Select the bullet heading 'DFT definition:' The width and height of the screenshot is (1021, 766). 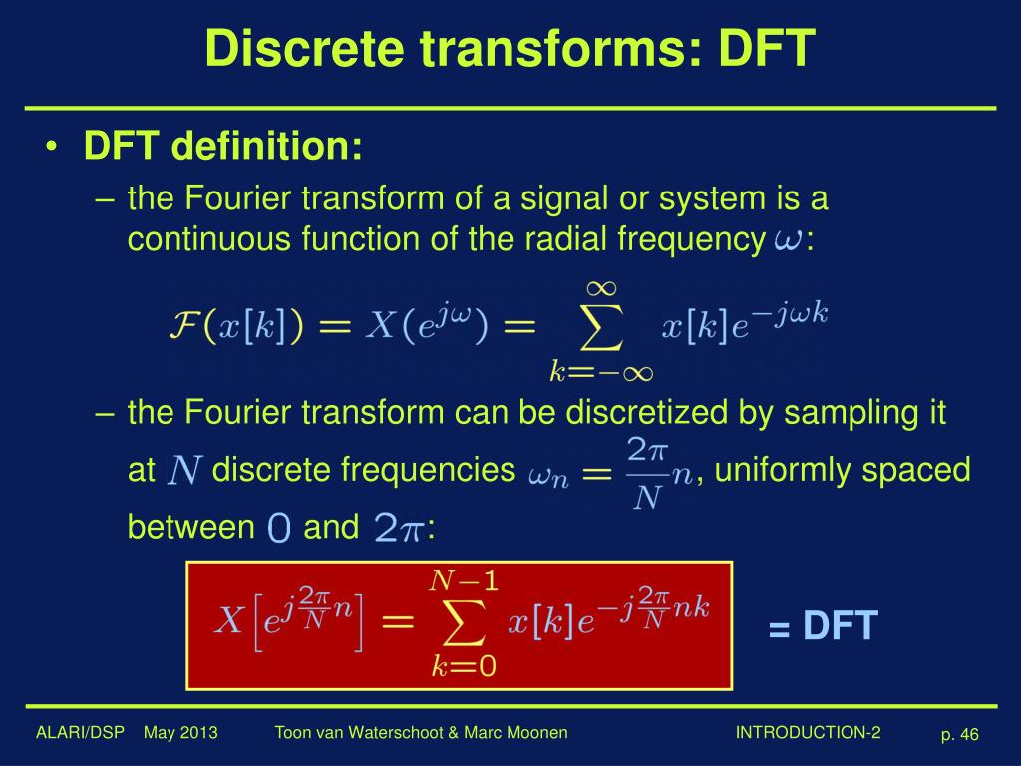click(x=223, y=148)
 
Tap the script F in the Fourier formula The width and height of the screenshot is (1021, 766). click(x=182, y=328)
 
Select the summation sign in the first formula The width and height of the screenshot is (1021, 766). click(x=600, y=328)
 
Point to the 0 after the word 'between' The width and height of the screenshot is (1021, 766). click(x=279, y=529)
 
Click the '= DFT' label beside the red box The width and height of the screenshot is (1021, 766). click(x=823, y=627)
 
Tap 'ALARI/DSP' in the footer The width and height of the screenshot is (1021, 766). click(x=80, y=733)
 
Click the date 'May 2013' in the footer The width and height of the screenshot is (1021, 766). click(x=180, y=733)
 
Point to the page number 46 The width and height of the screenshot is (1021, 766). click(x=969, y=735)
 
